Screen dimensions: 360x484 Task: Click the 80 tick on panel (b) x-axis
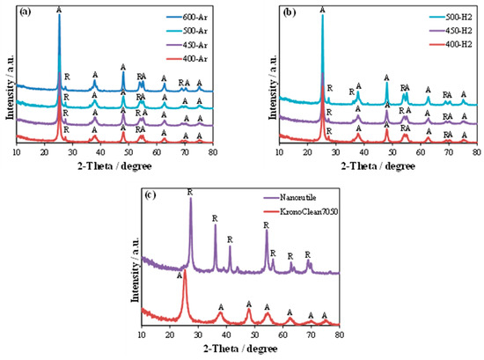coord(476,152)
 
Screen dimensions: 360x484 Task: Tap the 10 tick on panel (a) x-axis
coord(16,152)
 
